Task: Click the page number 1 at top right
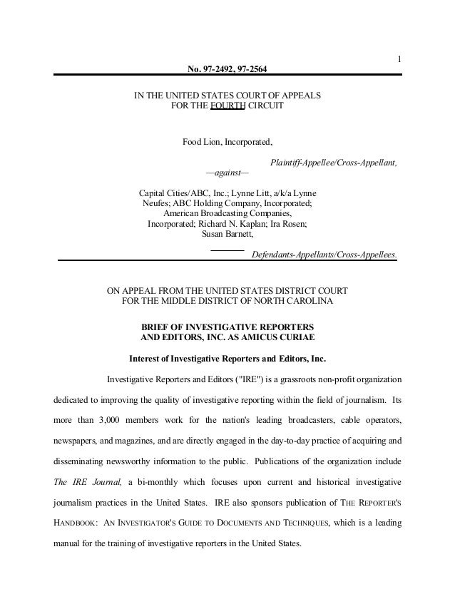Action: tap(400, 58)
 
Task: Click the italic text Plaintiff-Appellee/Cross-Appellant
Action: tap(334, 163)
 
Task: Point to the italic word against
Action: tap(227, 173)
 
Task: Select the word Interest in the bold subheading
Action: tap(146, 358)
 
